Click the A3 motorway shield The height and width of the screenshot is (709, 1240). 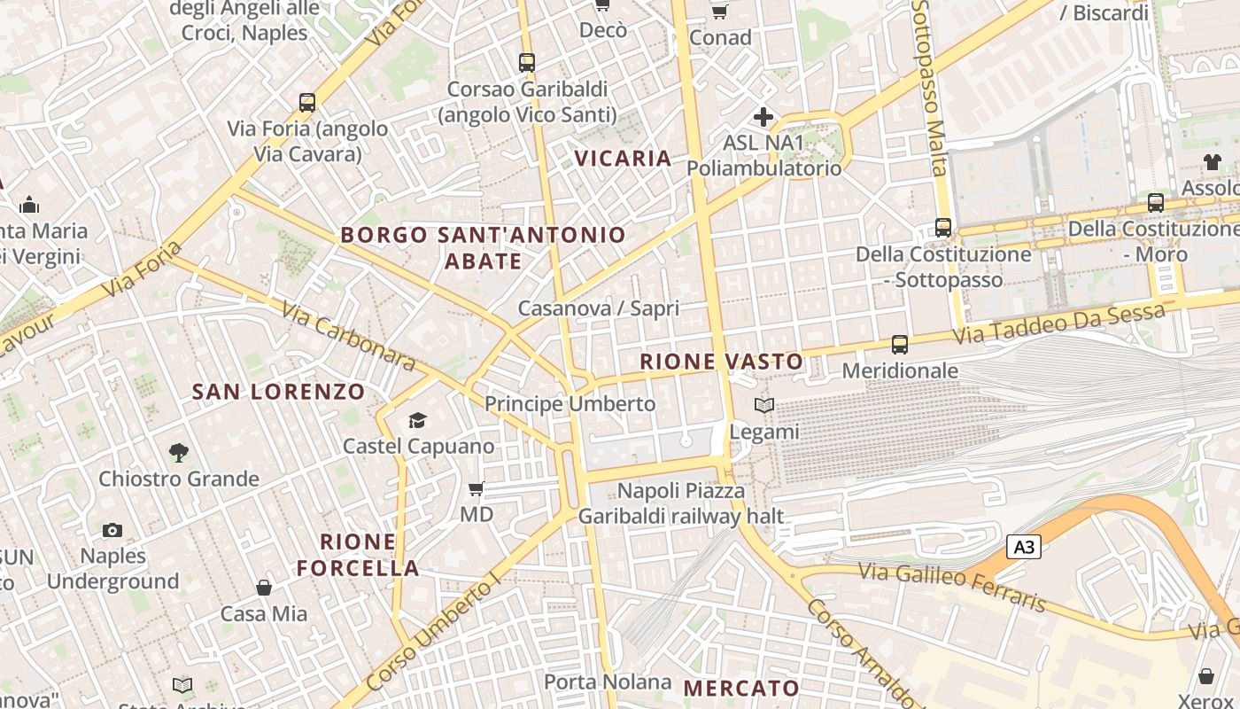1023,547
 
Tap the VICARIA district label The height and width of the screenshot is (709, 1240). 623,159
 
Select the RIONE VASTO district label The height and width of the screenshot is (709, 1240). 721,362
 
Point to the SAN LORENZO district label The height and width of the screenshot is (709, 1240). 279,392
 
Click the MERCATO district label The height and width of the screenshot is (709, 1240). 741,689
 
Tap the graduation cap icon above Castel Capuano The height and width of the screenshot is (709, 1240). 417,420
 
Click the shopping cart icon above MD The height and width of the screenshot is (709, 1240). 477,488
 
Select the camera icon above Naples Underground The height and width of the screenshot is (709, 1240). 112,530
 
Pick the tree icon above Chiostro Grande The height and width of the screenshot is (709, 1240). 179,453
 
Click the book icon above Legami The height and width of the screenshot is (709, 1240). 763,406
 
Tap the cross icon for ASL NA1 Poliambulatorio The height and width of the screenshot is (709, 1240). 763,117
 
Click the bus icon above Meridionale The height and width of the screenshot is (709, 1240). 900,345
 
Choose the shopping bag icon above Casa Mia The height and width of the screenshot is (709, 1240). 264,588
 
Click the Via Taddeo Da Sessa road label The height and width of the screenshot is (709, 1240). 1058,325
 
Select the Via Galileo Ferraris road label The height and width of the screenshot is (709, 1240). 952,586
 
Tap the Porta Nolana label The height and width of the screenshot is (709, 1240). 608,682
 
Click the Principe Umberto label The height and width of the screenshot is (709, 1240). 570,404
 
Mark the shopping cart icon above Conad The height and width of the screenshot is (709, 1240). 720,12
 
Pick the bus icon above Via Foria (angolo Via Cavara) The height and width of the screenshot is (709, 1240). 307,103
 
